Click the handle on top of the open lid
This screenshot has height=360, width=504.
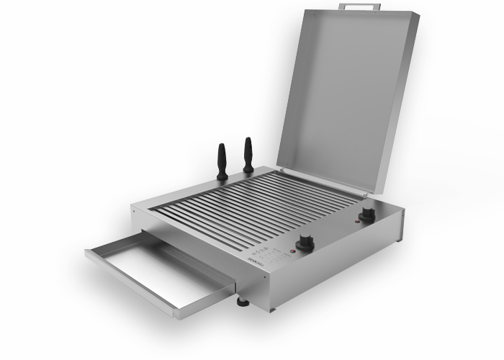[359, 6]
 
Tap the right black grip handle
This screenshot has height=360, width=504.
[248, 156]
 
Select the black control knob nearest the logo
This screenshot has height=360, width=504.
[305, 243]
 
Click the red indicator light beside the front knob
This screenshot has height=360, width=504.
[291, 252]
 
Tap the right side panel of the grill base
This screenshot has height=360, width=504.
[338, 266]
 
